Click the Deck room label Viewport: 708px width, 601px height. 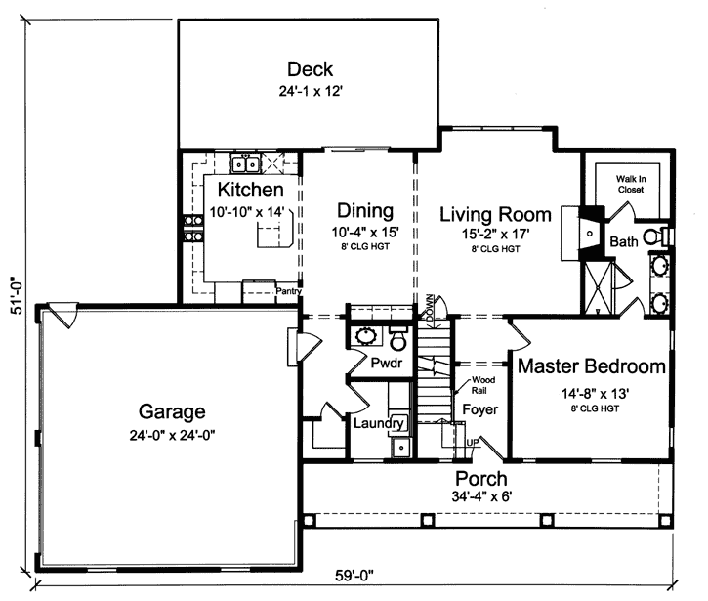310,69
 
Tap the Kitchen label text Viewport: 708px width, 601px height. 250,190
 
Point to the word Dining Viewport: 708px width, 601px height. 364,211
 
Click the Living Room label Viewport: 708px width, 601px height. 495,214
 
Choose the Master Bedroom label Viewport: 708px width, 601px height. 592,367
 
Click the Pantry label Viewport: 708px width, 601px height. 287,291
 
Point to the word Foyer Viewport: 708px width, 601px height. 479,408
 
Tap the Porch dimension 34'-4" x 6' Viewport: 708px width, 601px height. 479,496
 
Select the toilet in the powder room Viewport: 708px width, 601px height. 397,340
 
